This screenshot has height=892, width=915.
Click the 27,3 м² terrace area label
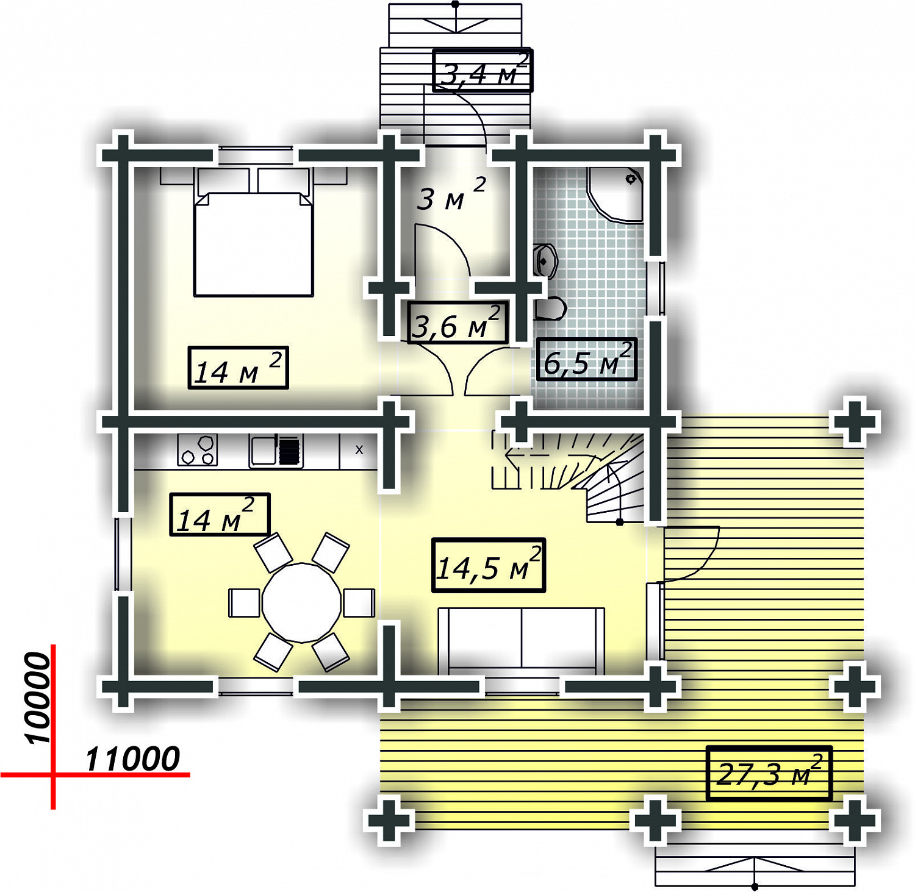click(x=769, y=772)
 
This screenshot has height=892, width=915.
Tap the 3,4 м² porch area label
click(x=483, y=71)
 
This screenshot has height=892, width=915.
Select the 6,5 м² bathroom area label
click(x=587, y=360)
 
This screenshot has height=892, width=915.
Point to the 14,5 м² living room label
click(x=488, y=565)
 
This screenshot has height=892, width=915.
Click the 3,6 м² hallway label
click(x=457, y=323)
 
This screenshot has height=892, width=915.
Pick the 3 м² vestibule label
click(x=451, y=194)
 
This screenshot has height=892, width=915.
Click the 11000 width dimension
click(x=132, y=759)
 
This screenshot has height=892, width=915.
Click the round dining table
click(x=301, y=602)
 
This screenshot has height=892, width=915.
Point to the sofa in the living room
click(x=522, y=640)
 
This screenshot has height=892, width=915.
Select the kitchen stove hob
click(x=198, y=451)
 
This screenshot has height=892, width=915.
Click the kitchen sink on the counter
click(x=276, y=451)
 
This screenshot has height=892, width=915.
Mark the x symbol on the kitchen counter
click(x=359, y=449)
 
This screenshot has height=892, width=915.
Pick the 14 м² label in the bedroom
click(x=238, y=368)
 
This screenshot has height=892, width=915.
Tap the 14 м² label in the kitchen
click(x=220, y=515)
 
